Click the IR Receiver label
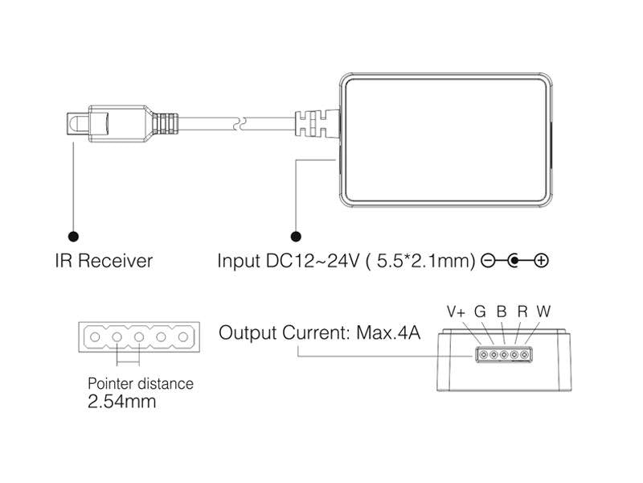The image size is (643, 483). tap(104, 261)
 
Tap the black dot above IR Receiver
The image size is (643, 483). tap(74, 237)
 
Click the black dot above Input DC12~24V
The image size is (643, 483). tap(296, 237)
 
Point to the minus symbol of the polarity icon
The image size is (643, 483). tap(487, 261)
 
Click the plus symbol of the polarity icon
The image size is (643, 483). tap(541, 261)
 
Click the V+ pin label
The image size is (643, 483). tap(457, 311)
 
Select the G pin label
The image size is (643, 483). tap(481, 311)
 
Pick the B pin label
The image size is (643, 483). tap(502, 311)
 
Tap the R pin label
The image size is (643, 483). tap(522, 311)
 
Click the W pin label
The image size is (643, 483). tap(544, 311)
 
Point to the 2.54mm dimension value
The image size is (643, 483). tap(121, 401)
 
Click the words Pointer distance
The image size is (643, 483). tap(140, 383)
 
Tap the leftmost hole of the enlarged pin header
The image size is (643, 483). tap(95, 336)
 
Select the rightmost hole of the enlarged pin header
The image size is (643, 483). tap(182, 336)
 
